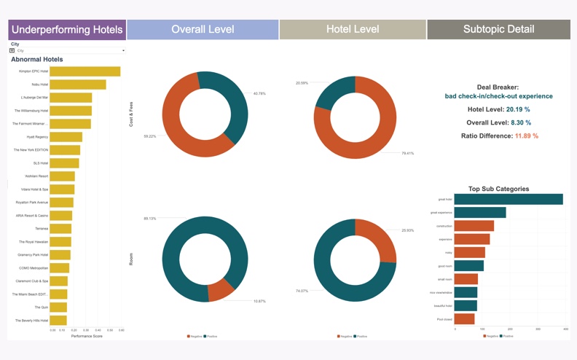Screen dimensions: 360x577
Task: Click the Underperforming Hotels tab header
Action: click(x=67, y=30)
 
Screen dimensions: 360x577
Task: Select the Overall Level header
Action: click(x=203, y=30)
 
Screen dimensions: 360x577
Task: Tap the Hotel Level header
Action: click(x=353, y=30)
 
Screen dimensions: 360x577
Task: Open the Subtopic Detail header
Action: click(x=498, y=30)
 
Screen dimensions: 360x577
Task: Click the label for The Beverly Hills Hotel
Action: click(x=31, y=321)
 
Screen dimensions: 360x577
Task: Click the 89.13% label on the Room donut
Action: click(x=150, y=219)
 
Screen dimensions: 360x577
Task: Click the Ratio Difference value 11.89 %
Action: click(x=525, y=136)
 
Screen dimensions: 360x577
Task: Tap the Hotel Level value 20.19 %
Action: click(x=517, y=109)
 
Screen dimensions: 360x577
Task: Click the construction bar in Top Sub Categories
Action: click(x=474, y=226)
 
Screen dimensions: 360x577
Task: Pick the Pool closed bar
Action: click(x=465, y=319)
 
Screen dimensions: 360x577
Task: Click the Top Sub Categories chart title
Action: click(x=499, y=189)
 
